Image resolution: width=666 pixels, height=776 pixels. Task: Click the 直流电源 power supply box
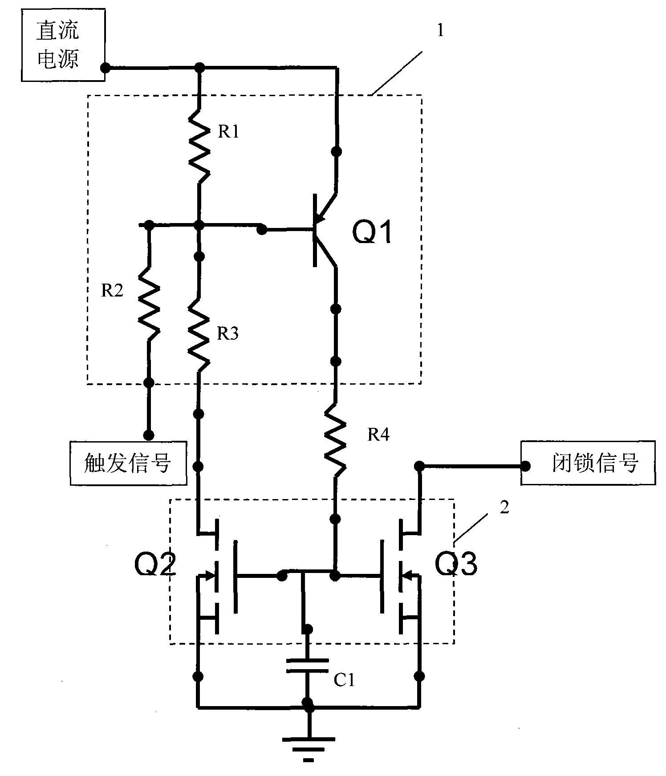coord(63,45)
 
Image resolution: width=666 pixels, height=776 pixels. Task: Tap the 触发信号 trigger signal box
coord(128,463)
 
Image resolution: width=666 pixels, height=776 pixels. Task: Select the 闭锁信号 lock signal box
coord(588,463)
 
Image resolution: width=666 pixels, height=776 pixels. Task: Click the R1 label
coord(228,132)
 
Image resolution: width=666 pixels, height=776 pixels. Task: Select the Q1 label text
coord(372,232)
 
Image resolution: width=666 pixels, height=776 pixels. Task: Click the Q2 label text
coord(155,565)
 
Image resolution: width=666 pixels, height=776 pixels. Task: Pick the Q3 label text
coord(455,564)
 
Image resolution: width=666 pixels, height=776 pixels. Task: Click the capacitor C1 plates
coord(307,666)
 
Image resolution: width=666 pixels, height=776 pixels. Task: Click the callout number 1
coord(440,31)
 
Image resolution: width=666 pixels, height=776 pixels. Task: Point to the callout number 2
coord(504,508)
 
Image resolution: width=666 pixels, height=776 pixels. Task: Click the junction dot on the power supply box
coord(106,68)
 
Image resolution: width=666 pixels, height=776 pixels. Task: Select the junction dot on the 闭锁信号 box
coord(525,466)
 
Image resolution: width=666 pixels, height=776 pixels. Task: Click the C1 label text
coord(344,680)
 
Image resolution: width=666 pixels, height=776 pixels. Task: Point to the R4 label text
coord(378,435)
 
